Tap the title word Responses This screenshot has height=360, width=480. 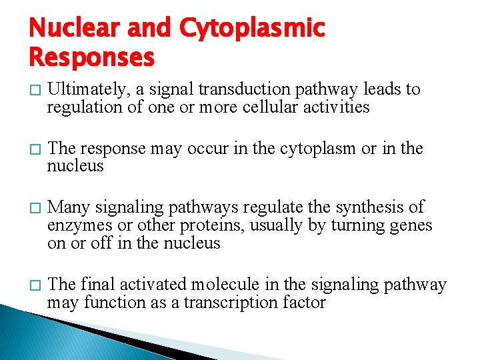click(x=92, y=57)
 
